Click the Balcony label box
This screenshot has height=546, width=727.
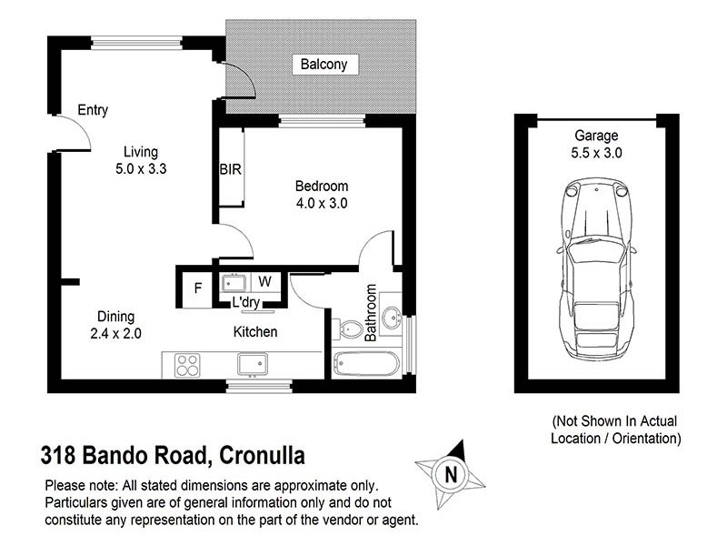point(324,65)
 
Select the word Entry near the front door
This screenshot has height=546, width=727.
point(93,110)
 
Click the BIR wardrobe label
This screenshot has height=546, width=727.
point(230,169)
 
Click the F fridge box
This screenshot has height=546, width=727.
point(197,290)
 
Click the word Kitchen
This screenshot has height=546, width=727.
point(255,332)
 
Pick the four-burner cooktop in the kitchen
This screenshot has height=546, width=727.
point(187,365)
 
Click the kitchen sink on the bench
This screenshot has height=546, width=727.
point(252,365)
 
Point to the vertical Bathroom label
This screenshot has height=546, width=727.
point(371,312)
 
